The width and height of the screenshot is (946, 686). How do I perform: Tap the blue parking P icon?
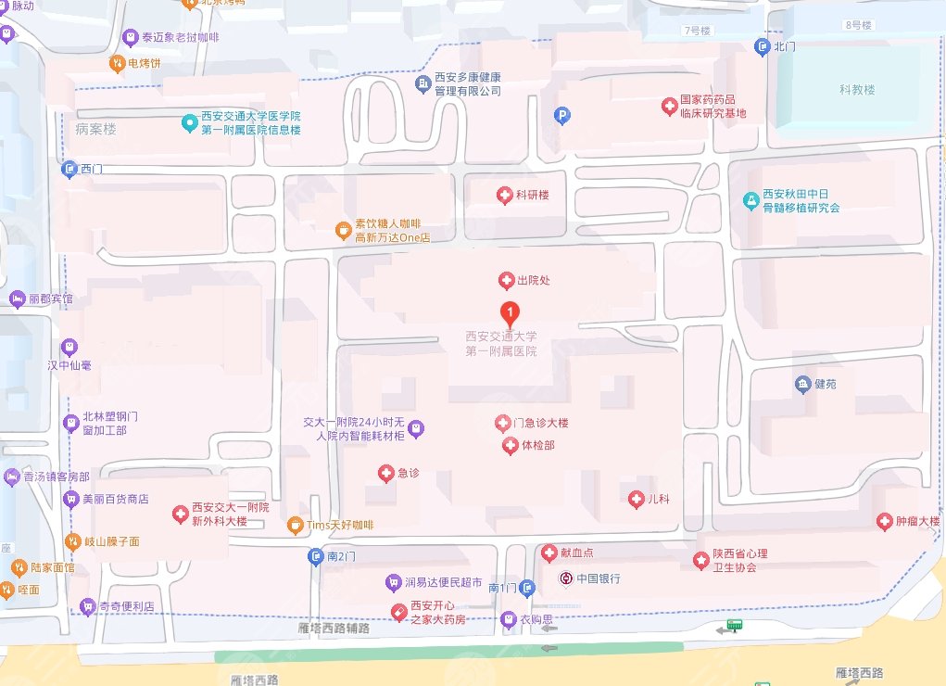(x=561, y=116)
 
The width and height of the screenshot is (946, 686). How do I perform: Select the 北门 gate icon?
(x=762, y=46)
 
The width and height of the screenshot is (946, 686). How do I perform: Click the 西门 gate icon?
(x=69, y=170)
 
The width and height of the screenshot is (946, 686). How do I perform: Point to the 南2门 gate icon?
(x=316, y=557)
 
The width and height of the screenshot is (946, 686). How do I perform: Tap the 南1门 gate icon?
(x=527, y=588)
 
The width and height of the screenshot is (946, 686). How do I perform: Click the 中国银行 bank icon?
(x=565, y=578)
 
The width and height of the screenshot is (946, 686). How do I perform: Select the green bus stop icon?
(x=735, y=626)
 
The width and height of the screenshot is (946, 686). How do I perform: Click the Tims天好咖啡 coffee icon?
(x=295, y=526)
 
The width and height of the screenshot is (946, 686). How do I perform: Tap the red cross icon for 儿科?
(x=636, y=500)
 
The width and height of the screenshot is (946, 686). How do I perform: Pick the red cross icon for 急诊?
(x=386, y=474)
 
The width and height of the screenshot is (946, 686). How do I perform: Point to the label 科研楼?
(x=533, y=196)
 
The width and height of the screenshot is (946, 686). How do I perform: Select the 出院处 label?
(x=534, y=280)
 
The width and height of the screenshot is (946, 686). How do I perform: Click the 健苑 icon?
(x=802, y=384)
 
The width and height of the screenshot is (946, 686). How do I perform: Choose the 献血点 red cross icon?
(x=549, y=553)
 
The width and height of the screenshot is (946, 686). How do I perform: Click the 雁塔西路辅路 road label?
(x=334, y=629)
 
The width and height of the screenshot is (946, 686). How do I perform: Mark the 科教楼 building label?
(x=857, y=90)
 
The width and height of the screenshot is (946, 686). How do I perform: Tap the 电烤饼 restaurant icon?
(x=117, y=63)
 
